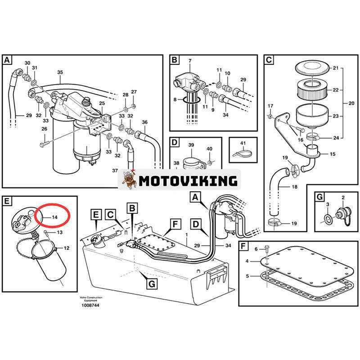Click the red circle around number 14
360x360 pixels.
(54, 216)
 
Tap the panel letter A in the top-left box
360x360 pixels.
(7, 60)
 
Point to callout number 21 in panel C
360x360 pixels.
(334, 68)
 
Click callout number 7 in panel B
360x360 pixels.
(189, 61)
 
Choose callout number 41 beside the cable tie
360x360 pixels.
(243, 143)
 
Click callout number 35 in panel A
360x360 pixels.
(60, 72)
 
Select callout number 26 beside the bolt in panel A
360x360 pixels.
(44, 129)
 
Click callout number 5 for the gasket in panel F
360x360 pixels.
(247, 276)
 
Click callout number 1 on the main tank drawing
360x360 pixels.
(185, 234)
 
